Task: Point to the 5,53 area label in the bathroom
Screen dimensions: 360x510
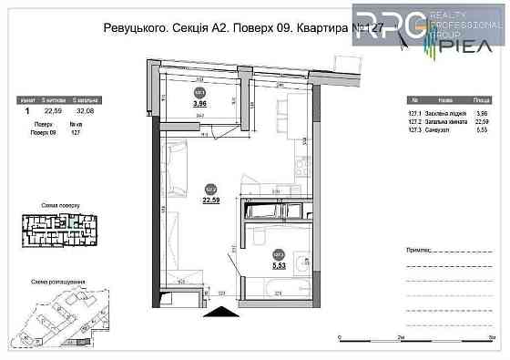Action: click(280, 266)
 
